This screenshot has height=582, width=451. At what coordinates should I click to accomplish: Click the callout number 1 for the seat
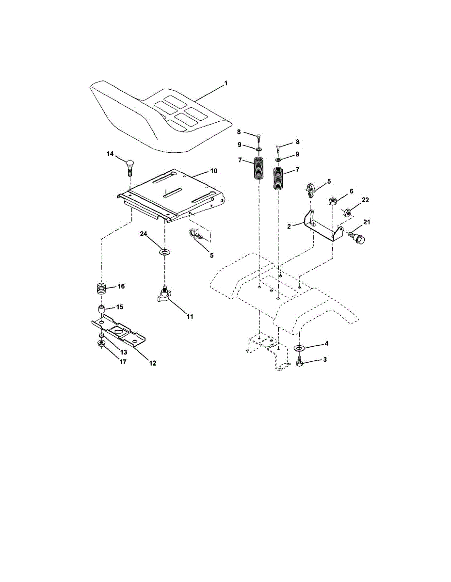tap(225, 83)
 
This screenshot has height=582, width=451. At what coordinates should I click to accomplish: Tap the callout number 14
tap(110, 154)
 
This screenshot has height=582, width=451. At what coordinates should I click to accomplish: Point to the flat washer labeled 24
tap(165, 253)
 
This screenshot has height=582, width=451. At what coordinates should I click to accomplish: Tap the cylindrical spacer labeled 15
tap(102, 309)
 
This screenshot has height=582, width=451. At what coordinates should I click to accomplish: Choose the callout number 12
tap(153, 362)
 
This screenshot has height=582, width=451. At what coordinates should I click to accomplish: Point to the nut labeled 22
tap(347, 212)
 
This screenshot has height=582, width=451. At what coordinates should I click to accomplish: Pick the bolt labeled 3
tap(300, 362)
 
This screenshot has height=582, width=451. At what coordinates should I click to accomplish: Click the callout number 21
tap(367, 222)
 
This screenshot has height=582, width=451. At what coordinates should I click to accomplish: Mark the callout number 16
tap(121, 286)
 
